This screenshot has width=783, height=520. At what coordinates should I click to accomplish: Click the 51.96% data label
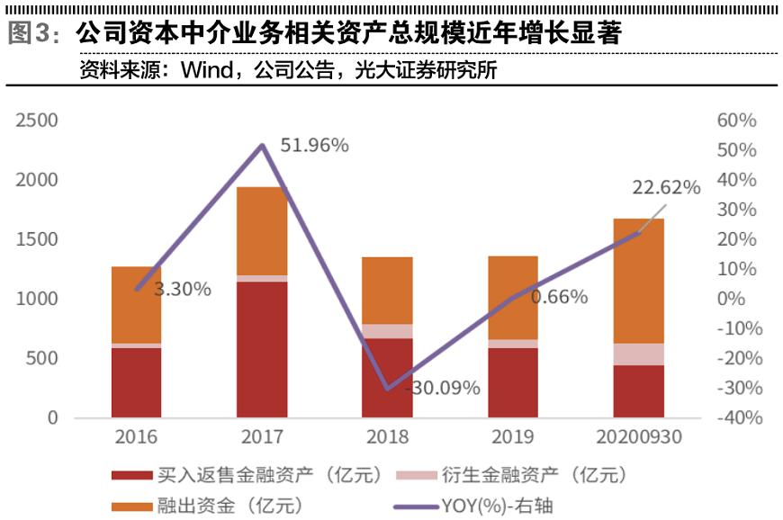pos(314,146)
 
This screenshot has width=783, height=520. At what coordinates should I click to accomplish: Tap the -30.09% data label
pos(444,389)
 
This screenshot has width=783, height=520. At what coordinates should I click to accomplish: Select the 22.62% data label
pos(666,187)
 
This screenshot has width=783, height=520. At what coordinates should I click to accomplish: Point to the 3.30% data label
pos(183,289)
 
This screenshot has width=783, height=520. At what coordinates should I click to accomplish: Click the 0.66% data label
pos(558,297)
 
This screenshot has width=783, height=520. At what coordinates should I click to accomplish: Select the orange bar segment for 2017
pos(262,230)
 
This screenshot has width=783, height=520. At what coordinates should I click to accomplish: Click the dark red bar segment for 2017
pos(262,349)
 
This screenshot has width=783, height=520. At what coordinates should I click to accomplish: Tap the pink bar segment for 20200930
pos(638,354)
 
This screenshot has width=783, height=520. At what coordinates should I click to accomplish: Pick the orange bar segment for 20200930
pos(638,281)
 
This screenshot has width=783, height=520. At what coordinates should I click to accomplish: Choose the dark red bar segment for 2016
pos(137,382)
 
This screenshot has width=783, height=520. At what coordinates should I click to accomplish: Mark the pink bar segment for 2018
pos(387,331)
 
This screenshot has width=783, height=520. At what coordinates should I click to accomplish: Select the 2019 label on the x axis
pos(512,437)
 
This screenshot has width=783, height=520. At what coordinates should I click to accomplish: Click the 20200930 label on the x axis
pos(638,437)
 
